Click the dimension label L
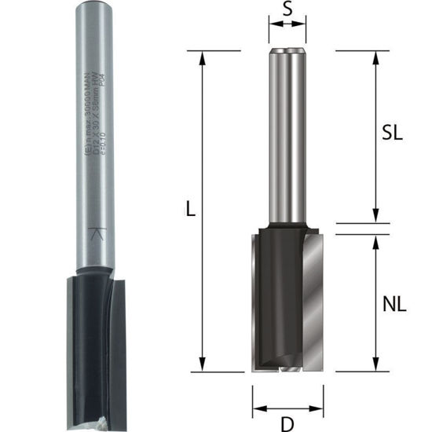pyautogui.click(x=190, y=211)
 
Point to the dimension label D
pyautogui.click(x=287, y=424)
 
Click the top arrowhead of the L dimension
pyautogui.click(x=203, y=55)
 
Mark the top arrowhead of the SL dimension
pyautogui.click(x=376, y=55)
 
